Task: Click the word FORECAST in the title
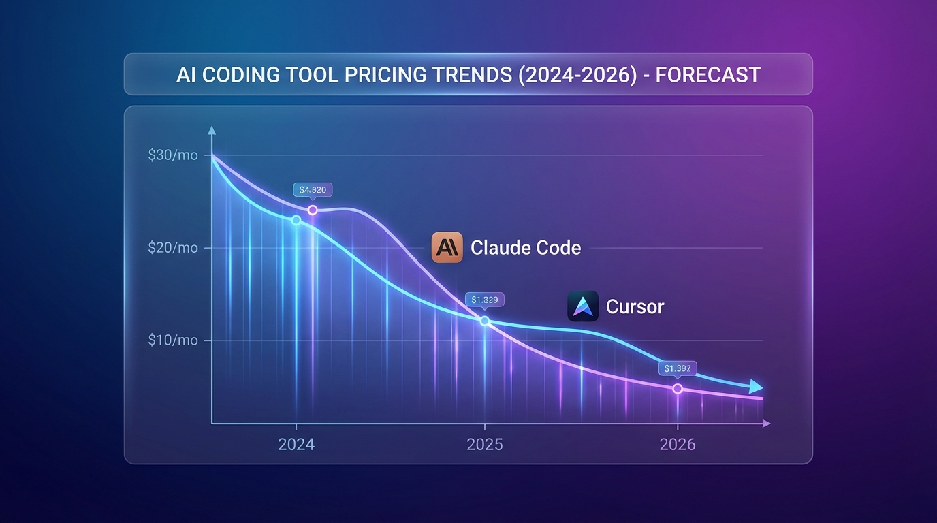point(708,74)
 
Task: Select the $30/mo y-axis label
point(173,155)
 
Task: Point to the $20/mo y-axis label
point(173,248)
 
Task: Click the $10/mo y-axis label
point(173,340)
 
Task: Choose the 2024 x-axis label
point(296,445)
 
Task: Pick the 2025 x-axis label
point(485,445)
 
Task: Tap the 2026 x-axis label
point(678,445)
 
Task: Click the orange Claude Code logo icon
point(447,247)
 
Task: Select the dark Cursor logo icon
point(583,306)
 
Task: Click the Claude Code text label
point(526,247)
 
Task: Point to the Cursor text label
point(635,306)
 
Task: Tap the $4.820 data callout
point(313,190)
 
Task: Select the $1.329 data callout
point(485,300)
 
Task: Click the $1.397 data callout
point(678,368)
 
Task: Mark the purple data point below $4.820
point(313,210)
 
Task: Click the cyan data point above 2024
point(296,220)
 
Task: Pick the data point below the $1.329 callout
point(485,321)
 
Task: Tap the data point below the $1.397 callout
point(678,388)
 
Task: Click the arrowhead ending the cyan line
point(756,387)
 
